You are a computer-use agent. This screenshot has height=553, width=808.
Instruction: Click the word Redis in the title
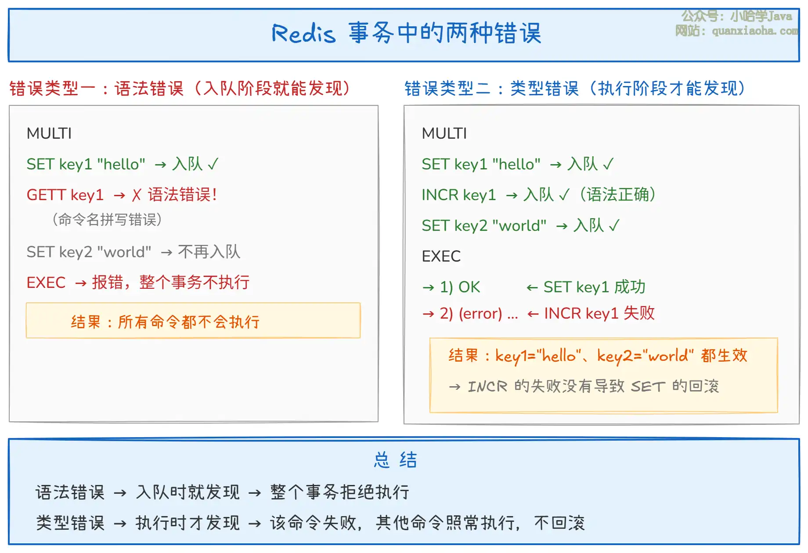click(x=303, y=33)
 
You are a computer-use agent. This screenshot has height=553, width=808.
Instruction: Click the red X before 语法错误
click(x=137, y=195)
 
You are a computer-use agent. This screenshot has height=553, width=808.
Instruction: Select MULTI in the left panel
click(x=49, y=133)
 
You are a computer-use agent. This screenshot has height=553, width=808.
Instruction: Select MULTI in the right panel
click(x=444, y=133)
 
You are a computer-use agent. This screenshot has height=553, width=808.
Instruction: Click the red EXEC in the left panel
click(x=46, y=283)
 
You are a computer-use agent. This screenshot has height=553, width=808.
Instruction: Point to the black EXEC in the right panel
click(x=441, y=256)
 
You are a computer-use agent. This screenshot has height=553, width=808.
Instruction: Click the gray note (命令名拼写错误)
click(x=107, y=219)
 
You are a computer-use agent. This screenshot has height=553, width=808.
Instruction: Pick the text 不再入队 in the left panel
click(x=209, y=252)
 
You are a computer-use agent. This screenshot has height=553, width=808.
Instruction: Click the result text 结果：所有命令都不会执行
click(x=165, y=322)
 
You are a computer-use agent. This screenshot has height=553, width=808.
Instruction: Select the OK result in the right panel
click(x=469, y=287)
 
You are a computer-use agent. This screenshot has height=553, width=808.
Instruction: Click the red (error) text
click(x=480, y=313)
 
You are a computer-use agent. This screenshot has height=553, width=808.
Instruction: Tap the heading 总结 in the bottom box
click(x=395, y=460)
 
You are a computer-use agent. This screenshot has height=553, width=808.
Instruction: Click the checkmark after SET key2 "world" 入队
click(x=614, y=226)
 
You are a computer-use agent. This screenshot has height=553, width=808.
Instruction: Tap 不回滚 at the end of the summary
click(x=559, y=523)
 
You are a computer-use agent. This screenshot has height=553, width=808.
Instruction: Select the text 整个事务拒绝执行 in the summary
click(x=340, y=492)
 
